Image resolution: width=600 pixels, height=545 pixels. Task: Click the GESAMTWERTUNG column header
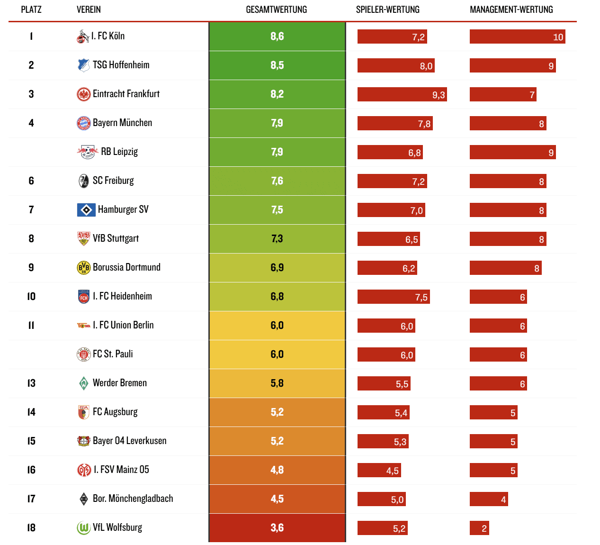276,9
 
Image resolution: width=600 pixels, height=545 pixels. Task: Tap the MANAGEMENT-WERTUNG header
511,9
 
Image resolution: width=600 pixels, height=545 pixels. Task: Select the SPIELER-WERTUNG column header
387,9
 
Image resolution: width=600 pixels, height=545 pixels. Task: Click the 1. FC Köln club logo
83,36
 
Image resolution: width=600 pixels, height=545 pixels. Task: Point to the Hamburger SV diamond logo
86,209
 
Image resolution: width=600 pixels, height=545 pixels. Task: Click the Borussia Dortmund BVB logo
83,268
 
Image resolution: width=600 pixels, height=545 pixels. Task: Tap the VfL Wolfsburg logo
83,528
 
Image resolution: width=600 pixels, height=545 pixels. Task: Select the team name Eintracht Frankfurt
126,94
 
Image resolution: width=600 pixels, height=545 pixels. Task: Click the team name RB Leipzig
119,152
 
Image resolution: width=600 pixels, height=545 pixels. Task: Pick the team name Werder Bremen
120,383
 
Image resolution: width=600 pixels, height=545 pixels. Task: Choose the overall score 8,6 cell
277,36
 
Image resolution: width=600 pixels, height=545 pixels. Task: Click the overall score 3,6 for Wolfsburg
277,528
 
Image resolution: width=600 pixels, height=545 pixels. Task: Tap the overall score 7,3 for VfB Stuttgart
277,238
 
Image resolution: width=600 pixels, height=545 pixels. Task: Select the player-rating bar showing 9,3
402,95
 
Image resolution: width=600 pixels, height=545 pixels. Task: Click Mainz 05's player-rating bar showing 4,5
379,471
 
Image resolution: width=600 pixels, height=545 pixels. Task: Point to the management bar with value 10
517,37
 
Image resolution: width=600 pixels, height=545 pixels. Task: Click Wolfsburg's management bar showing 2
479,528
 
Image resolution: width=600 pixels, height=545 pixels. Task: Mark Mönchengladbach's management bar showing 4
489,500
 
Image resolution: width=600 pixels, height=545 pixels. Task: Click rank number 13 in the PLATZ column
31,383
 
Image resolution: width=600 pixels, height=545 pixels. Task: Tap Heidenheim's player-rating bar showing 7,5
394,297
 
